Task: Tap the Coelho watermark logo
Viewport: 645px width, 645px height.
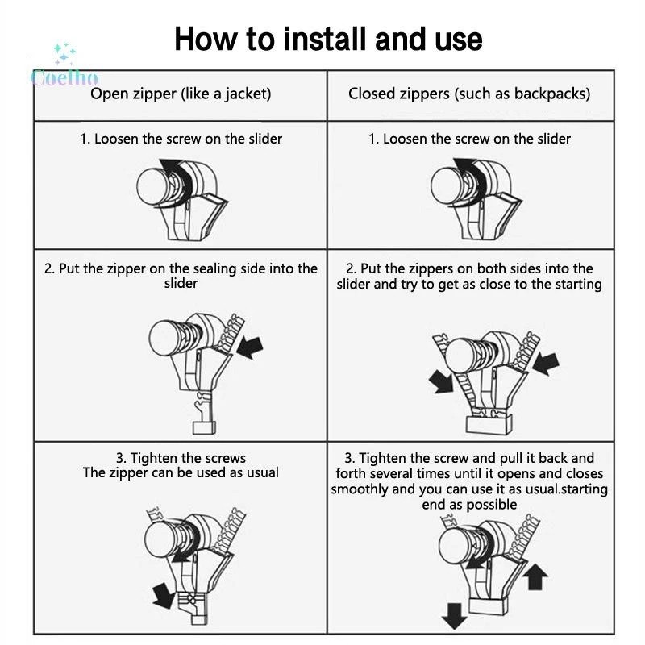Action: [x=64, y=66]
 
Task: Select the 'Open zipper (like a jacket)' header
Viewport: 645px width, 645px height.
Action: [x=181, y=94]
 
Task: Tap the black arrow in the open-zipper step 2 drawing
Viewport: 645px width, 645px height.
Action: [x=249, y=348]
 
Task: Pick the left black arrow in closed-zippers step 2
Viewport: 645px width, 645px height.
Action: [x=441, y=381]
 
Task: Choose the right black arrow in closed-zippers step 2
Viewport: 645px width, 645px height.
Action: [x=546, y=363]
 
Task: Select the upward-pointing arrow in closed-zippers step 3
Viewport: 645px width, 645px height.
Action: [x=535, y=576]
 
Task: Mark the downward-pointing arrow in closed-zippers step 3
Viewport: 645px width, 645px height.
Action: [x=454, y=616]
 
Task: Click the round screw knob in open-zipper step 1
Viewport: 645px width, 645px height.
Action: [x=153, y=186]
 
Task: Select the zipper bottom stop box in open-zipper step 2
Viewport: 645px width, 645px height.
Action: [x=205, y=428]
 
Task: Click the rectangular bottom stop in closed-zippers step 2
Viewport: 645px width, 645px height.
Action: [x=489, y=425]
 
